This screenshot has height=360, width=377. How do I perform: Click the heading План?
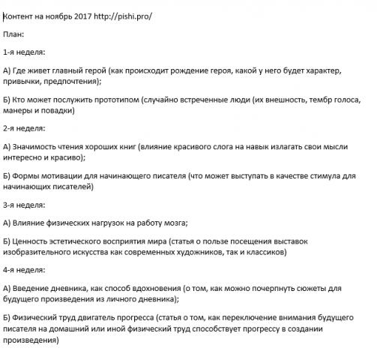[14, 34]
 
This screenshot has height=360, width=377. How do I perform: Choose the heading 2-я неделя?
[24, 128]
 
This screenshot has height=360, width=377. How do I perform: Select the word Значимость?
[38, 147]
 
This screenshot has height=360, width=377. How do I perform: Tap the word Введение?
[34, 288]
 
